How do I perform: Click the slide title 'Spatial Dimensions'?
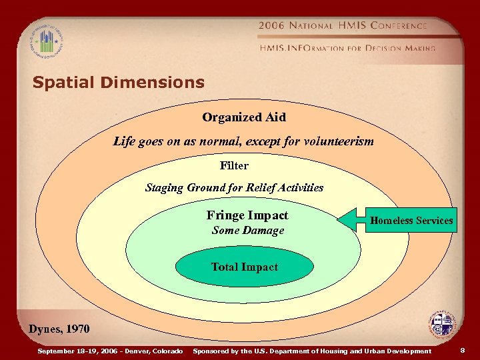118,83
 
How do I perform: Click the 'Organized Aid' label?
244,117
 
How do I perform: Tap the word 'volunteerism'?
339,141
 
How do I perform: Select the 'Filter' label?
234,165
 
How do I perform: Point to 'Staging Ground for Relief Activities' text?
234,188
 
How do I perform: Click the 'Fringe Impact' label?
247,215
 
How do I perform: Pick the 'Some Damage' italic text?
247,231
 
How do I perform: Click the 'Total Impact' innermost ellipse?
244,267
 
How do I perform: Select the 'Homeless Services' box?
411,221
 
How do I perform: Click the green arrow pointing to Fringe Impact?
349,219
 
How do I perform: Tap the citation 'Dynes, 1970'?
59,329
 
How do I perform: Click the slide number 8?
463,351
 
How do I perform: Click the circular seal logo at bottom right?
442,325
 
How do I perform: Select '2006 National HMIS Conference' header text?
343,25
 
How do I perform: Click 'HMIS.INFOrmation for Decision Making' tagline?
347,48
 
